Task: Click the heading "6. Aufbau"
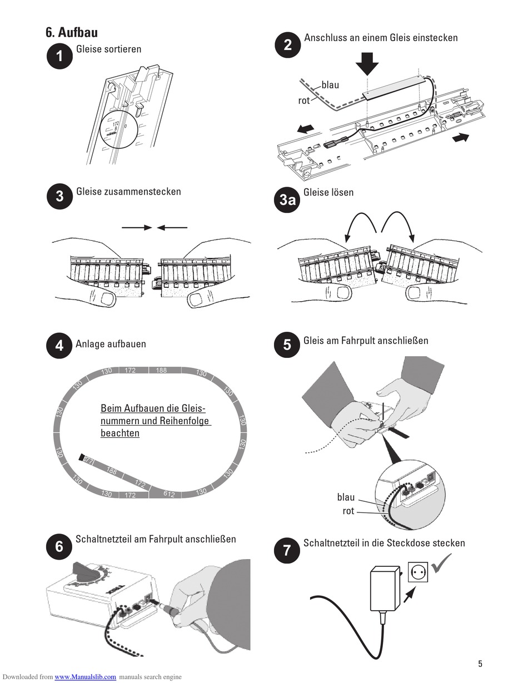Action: [x=72, y=32]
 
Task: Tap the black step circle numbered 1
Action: [x=59, y=57]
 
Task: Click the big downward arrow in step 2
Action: [x=367, y=63]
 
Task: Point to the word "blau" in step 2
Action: [x=330, y=85]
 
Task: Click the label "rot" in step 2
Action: [x=304, y=101]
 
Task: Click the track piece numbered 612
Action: [x=170, y=493]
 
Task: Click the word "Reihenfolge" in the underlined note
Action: [x=185, y=421]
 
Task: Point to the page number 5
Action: [x=480, y=664]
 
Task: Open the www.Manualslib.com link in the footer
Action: [x=86, y=677]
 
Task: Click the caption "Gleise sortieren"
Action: [x=109, y=49]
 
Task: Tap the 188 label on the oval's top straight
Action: [x=161, y=370]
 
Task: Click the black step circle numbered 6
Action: [x=59, y=546]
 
